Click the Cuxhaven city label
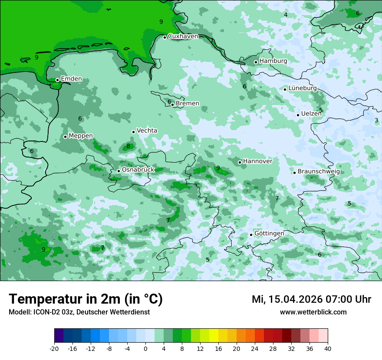click(x=183, y=36)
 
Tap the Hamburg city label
click(x=273, y=61)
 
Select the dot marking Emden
click(x=57, y=80)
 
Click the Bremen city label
click(x=188, y=104)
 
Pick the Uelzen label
click(x=311, y=114)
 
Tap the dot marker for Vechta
click(x=133, y=132)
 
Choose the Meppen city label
click(x=81, y=136)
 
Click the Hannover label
click(x=257, y=161)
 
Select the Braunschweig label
click(x=319, y=172)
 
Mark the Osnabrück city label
click(x=138, y=170)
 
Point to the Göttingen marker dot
click(x=251, y=235)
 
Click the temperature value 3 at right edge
click(x=376, y=120)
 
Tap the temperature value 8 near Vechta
click(x=128, y=146)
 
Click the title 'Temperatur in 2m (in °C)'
click(x=86, y=299)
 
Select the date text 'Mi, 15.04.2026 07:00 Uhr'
click(x=311, y=299)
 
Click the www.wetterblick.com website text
click(x=313, y=312)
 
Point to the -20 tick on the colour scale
click(x=54, y=348)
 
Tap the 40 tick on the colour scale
click(x=327, y=348)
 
